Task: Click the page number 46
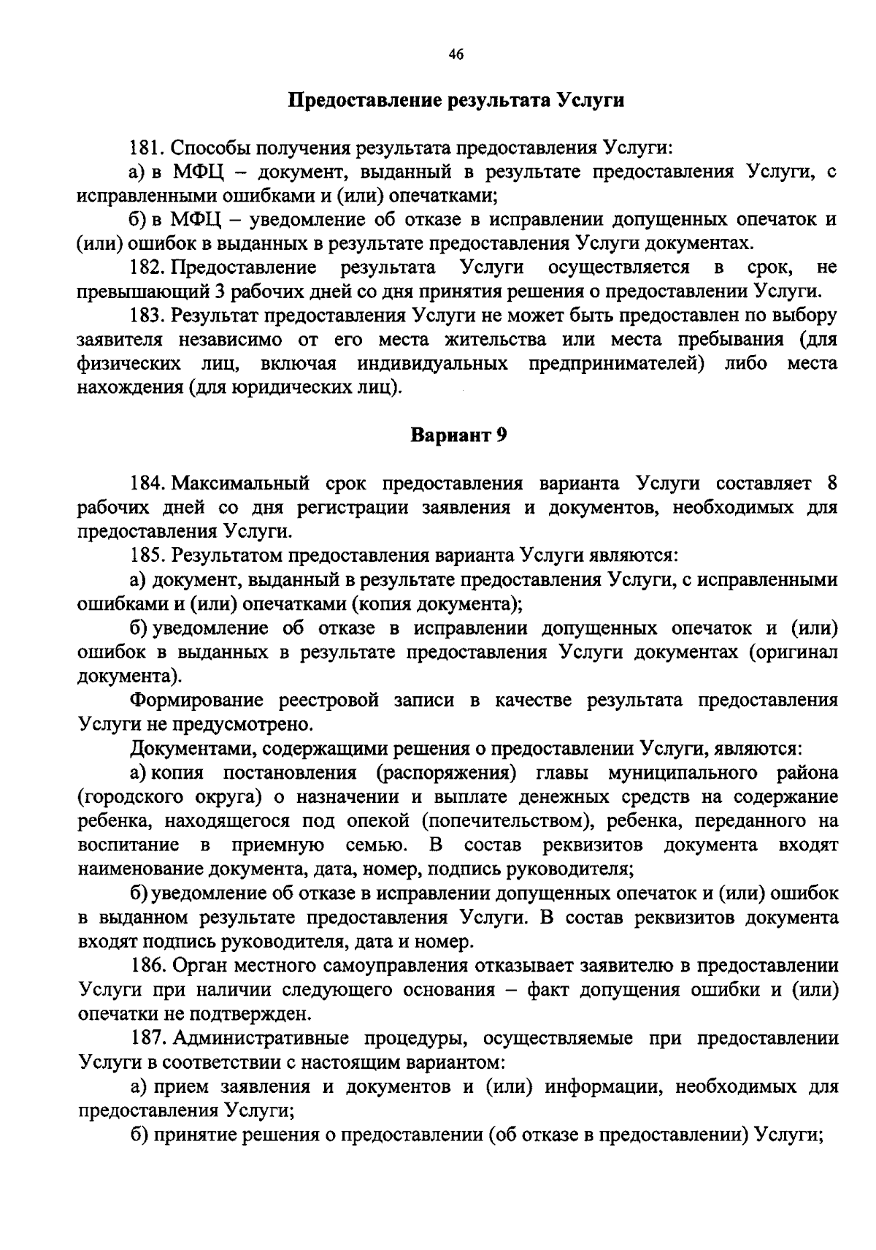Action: click(x=456, y=56)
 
